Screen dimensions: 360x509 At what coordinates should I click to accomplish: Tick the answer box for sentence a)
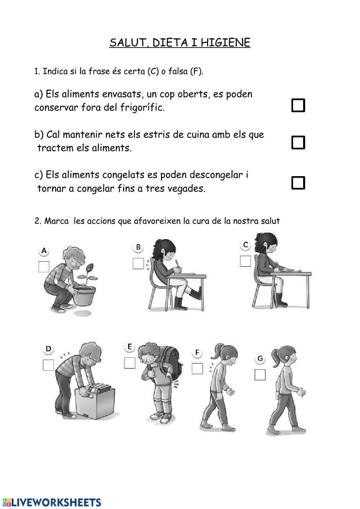pos(298,105)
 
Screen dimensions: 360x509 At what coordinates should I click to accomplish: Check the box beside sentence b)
pos(298,143)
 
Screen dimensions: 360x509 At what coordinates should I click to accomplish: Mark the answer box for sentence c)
pos(298,183)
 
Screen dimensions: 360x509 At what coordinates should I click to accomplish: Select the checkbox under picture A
pos(44,267)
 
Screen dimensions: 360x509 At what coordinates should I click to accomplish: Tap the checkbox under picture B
pos(138,263)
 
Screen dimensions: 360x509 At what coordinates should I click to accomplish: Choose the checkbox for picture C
pos(245,261)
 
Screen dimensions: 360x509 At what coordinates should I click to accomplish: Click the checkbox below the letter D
pos(48,365)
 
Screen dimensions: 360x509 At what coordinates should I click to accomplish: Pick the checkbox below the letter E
pos(130,363)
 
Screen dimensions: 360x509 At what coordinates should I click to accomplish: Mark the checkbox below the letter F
pos(197,369)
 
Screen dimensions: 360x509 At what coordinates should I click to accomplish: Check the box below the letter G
pos(260,375)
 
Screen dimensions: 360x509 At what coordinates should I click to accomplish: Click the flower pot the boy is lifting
pos(84,295)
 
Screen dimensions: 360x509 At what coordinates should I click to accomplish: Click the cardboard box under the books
pos(95,403)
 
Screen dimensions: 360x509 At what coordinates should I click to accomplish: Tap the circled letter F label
pos(197,353)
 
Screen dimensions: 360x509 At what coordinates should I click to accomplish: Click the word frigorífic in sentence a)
pos(142,107)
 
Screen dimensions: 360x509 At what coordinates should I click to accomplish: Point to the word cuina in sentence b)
pos(198,135)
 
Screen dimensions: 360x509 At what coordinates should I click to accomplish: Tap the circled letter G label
pos(260,358)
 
